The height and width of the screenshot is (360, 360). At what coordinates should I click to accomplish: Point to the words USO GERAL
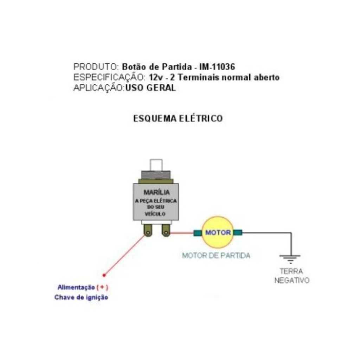(x=150, y=88)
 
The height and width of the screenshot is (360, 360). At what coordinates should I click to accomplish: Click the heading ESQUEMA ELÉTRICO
(x=178, y=118)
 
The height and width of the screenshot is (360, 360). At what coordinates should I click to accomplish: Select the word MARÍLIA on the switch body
(x=156, y=192)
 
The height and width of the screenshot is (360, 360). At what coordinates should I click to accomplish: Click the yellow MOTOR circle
(x=218, y=232)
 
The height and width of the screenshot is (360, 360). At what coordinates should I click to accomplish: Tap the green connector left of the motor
(x=197, y=232)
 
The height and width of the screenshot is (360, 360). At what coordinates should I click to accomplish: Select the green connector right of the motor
(x=238, y=232)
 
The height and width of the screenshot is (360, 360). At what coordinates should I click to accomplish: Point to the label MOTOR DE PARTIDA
(x=216, y=256)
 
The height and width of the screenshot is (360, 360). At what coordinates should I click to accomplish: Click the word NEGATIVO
(x=291, y=281)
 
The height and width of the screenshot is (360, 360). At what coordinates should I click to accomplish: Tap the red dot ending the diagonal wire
(x=104, y=275)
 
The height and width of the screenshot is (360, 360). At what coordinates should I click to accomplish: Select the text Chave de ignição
(x=81, y=297)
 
